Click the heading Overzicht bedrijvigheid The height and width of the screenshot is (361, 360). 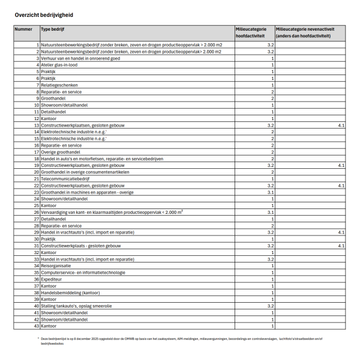[x=40, y=13]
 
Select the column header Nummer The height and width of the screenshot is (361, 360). [x=23, y=29]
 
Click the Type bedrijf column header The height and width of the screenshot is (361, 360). [x=53, y=29]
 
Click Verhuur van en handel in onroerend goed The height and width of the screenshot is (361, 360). [x=80, y=58]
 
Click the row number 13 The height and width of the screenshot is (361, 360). [x=37, y=125]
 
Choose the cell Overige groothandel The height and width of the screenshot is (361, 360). [x=60, y=152]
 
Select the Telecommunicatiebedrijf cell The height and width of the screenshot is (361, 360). [x=65, y=178]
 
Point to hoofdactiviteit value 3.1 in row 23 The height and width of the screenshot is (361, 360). [x=271, y=192]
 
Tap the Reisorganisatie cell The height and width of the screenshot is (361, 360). [x=56, y=265]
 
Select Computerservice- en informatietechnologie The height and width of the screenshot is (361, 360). [x=83, y=272]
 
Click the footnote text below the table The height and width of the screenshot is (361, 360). [x=180, y=341]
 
